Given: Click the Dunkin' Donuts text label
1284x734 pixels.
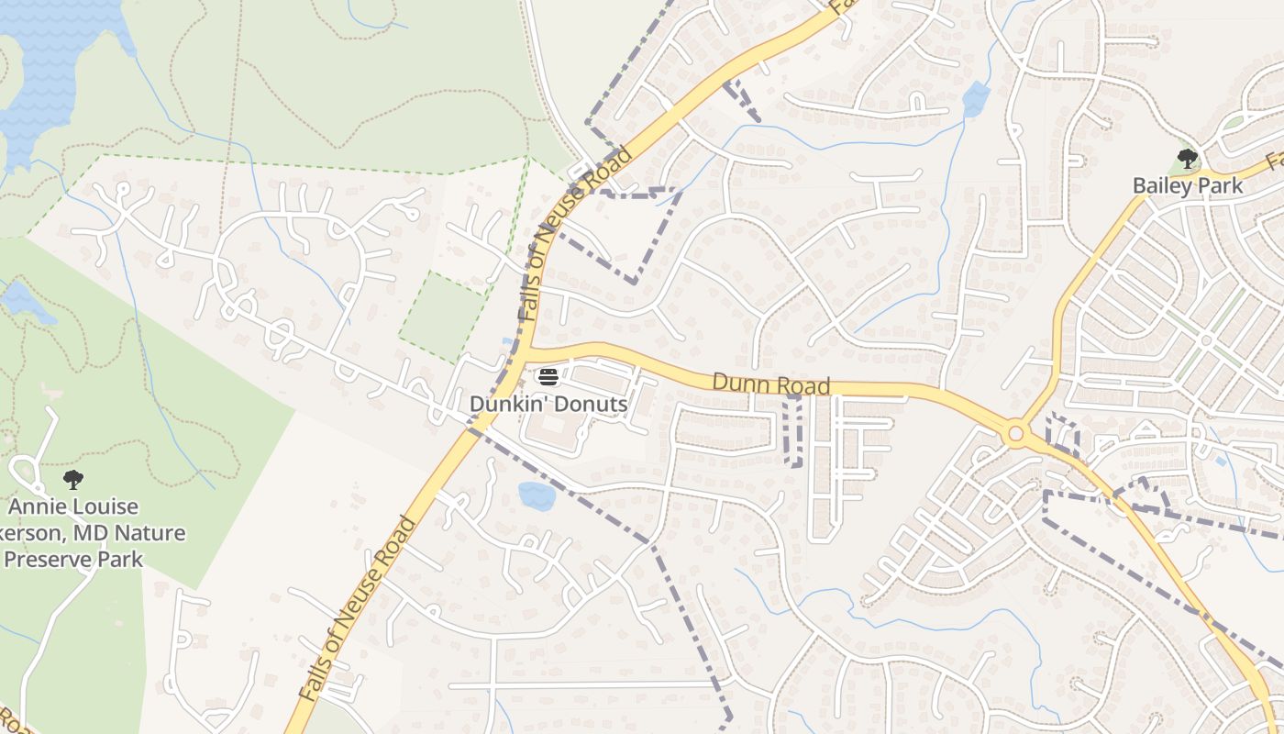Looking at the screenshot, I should (x=548, y=404).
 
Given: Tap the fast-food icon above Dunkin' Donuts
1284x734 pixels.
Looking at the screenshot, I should (x=548, y=375).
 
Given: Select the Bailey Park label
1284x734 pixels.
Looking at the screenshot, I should (x=1188, y=185).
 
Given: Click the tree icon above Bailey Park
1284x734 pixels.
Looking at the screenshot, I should (x=1188, y=159).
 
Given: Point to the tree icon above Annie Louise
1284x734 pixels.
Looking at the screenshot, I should (x=73, y=479).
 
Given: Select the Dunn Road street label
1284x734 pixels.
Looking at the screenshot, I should (x=770, y=384).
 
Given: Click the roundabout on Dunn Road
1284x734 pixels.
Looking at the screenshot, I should (x=1015, y=434).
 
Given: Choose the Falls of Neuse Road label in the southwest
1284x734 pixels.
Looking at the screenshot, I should (x=358, y=610).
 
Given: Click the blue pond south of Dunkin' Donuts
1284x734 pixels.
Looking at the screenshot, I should (x=537, y=495).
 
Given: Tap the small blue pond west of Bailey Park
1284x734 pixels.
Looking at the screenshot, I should (x=976, y=98).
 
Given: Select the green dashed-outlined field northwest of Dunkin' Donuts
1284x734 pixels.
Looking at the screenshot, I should (x=442, y=316).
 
